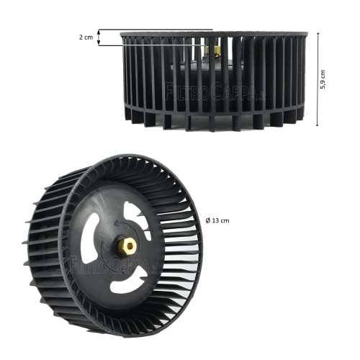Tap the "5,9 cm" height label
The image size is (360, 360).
click(x=323, y=80)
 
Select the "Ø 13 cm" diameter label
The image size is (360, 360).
click(x=216, y=220)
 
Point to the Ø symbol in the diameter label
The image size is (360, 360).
click(x=207, y=220)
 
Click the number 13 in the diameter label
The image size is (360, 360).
click(x=215, y=220)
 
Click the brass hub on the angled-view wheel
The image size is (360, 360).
click(x=127, y=246)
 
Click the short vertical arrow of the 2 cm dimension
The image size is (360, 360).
click(x=99, y=37)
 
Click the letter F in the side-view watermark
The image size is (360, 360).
click(x=169, y=92)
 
